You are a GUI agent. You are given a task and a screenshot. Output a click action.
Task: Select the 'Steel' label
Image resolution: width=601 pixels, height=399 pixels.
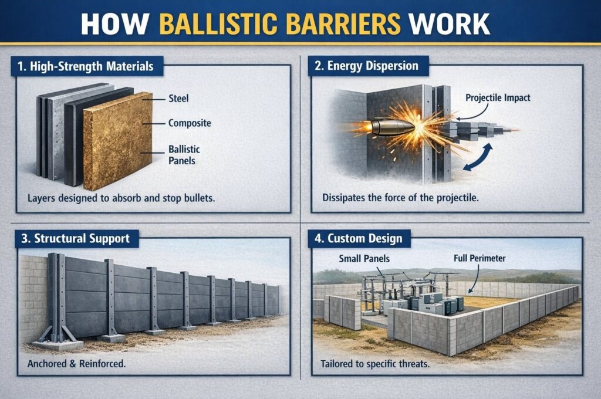pos(178,99)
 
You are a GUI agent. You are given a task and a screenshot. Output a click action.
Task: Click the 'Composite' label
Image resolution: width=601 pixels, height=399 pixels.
pos(189,123)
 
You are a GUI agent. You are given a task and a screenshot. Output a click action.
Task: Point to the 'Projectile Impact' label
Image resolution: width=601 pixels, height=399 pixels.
pos(498,97)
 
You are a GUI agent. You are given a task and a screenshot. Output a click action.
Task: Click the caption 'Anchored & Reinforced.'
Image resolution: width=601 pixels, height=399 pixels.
pos(76,364)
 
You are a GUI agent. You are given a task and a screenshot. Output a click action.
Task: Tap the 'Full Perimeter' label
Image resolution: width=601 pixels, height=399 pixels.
pos(480,258)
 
